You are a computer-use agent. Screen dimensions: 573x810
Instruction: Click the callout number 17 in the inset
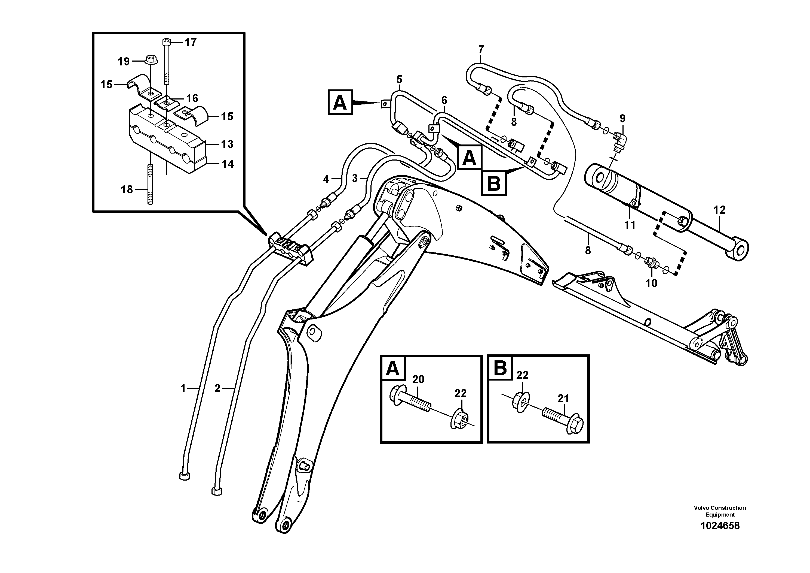click(x=191, y=43)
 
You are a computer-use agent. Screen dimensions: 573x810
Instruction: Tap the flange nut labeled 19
click(x=151, y=59)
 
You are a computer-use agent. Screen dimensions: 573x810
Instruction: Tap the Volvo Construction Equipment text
click(x=720, y=511)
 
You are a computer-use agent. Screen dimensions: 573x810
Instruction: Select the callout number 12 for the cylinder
click(x=719, y=210)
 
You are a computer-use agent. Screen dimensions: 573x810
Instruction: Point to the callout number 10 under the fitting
click(x=651, y=283)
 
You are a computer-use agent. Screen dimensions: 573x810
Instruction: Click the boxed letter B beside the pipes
click(x=493, y=183)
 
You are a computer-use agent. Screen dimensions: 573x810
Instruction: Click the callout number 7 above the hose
click(x=481, y=49)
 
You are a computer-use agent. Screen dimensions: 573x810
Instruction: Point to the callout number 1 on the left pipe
click(x=183, y=389)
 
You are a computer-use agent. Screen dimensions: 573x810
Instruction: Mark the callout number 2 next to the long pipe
click(x=217, y=389)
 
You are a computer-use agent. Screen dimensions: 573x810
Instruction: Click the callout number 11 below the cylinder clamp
click(x=630, y=225)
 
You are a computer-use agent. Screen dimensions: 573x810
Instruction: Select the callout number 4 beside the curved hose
click(x=326, y=179)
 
